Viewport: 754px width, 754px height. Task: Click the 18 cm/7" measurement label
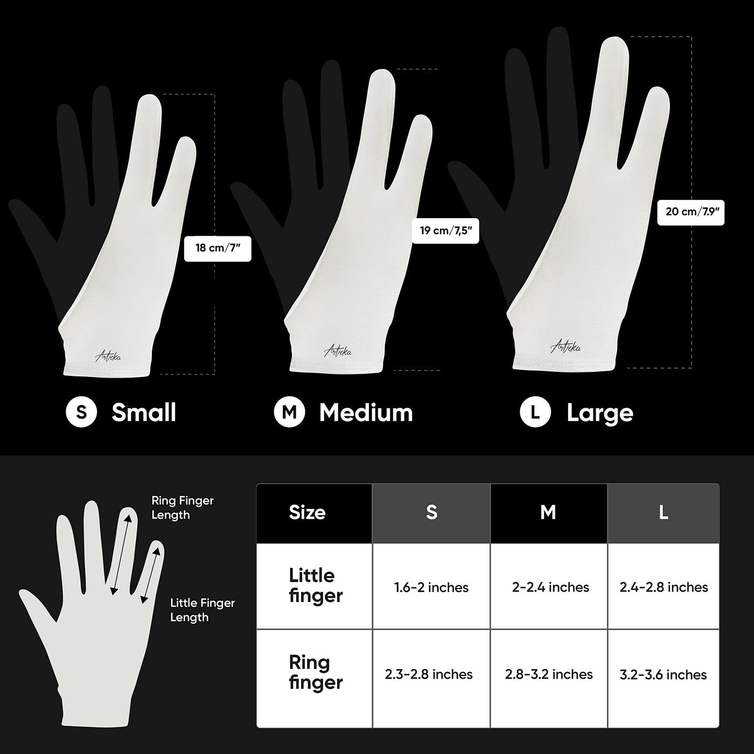pos(218,248)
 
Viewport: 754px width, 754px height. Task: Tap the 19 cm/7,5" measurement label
pos(445,231)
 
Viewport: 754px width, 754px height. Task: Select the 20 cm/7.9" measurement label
pos(690,212)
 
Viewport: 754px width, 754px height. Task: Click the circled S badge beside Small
pos(81,412)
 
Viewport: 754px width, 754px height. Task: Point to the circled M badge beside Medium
pos(290,412)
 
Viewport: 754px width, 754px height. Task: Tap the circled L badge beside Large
pos(535,412)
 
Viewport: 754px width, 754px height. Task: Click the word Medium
pos(366,413)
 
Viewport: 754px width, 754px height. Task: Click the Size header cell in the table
pos(314,513)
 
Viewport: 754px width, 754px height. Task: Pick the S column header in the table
pos(431,513)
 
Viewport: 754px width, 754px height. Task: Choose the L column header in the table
pos(664,513)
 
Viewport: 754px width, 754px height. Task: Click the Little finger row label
pos(316,586)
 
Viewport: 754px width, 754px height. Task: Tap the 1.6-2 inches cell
pos(431,588)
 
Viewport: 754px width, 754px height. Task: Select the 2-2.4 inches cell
pos(550,588)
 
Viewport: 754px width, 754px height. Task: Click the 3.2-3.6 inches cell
pos(663,675)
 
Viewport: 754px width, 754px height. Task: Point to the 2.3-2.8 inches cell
pos(429,674)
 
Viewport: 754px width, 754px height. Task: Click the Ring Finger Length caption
pos(183,508)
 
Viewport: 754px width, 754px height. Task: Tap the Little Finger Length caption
pos(203,610)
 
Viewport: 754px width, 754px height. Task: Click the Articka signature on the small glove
pos(108,357)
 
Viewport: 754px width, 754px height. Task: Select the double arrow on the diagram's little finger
pos(150,575)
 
